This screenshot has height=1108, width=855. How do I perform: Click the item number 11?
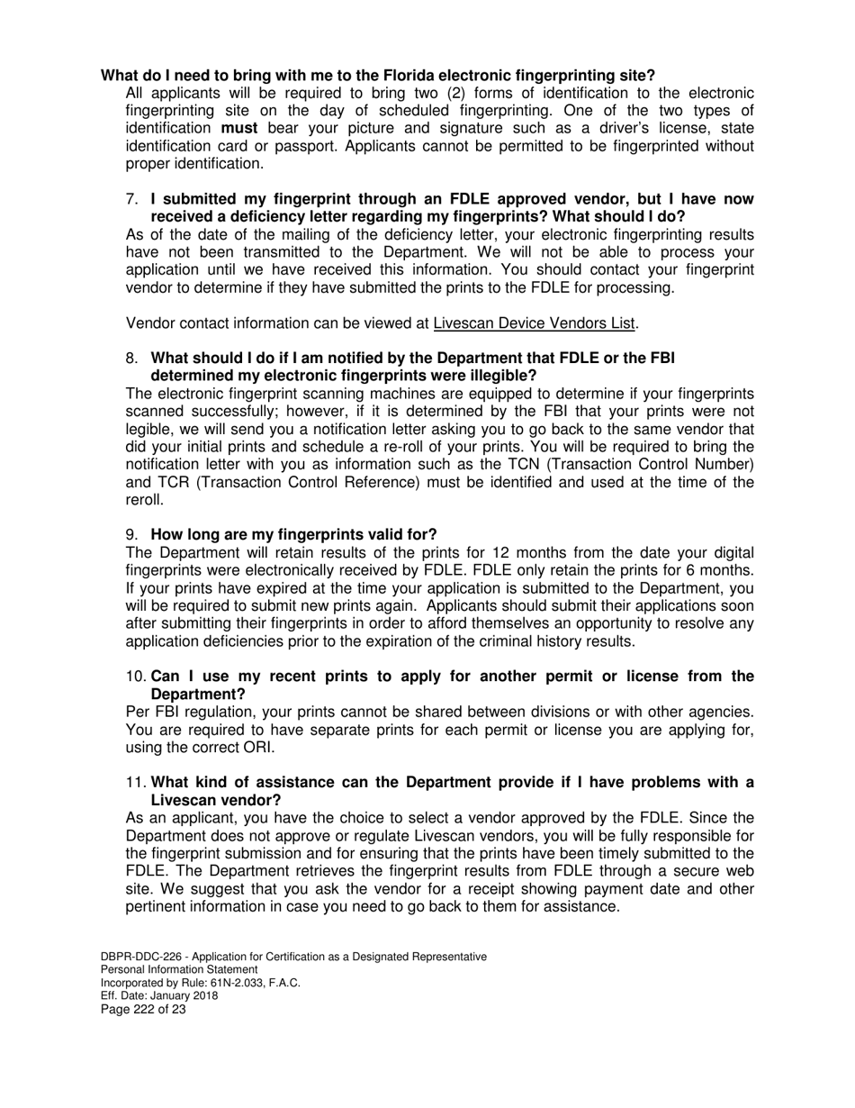(136, 783)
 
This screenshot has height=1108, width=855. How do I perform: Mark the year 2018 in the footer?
(202, 996)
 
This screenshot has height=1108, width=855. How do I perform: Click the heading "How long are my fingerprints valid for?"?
(293, 535)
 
